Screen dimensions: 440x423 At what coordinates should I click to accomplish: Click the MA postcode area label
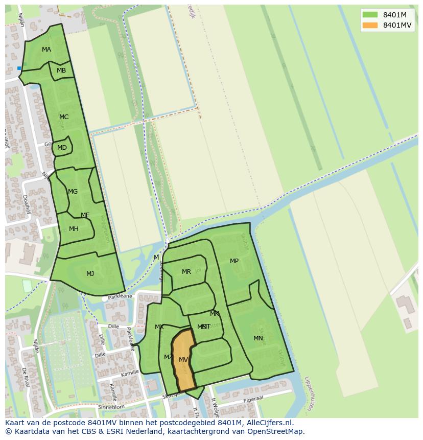(x=46, y=50)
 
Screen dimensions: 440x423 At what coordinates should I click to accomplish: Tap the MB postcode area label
(x=61, y=71)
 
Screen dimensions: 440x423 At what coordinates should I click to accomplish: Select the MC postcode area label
(x=64, y=117)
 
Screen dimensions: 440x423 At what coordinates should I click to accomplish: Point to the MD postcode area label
(x=62, y=148)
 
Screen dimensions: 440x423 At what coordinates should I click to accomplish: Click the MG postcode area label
(x=73, y=192)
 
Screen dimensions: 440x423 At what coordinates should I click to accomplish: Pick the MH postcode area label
(x=74, y=229)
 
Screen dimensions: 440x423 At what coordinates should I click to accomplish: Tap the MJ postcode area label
(x=90, y=274)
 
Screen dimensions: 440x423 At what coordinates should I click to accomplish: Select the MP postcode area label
(x=234, y=261)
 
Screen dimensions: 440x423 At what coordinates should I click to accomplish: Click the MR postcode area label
(x=186, y=272)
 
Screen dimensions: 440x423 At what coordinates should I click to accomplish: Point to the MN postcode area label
(x=258, y=338)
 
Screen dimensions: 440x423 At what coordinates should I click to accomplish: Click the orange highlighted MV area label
(x=183, y=360)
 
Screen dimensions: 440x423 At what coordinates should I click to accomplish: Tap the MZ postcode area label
(x=168, y=357)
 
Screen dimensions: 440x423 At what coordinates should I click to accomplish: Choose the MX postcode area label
(x=159, y=327)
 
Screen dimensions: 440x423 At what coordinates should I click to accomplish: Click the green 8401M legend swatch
(x=370, y=15)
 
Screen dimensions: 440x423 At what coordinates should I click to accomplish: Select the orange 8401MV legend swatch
(x=370, y=25)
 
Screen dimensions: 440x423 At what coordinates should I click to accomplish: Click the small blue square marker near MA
(x=19, y=68)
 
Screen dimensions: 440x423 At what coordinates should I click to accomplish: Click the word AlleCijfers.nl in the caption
(x=268, y=423)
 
